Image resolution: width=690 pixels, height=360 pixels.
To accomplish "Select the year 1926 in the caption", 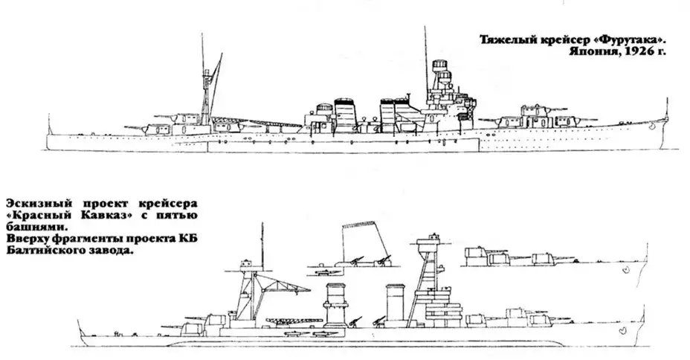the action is click(x=636, y=51).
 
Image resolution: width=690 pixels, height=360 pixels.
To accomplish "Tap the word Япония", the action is click(x=595, y=51).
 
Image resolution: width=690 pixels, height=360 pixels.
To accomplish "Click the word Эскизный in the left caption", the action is click(x=36, y=205).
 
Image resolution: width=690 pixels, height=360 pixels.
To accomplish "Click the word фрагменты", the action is click(x=86, y=240).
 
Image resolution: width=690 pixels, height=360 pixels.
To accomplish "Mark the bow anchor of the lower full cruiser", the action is click(x=622, y=330).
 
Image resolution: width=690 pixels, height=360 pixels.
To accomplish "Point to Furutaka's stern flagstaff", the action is click(x=49, y=124).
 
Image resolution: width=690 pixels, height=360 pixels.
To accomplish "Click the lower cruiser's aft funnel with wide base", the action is click(x=336, y=304).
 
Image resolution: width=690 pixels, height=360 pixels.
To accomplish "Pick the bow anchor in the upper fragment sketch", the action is click(x=627, y=271).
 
